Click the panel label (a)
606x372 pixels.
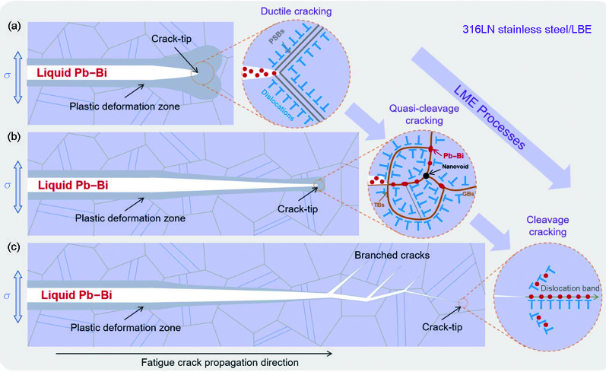[14, 27]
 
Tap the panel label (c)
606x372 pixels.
[14, 246]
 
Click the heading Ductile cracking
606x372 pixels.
[296, 11]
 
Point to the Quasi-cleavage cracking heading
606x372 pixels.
[424, 114]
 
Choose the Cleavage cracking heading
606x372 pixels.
[547, 226]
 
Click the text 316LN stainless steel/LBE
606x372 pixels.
[527, 30]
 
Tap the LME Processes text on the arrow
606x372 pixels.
[490, 116]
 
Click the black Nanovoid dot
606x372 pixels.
[426, 176]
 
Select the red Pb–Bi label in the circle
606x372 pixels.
[453, 156]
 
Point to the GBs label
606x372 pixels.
[468, 194]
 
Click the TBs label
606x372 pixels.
[379, 205]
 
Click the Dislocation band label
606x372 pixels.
[570, 288]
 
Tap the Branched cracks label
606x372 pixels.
[392, 255]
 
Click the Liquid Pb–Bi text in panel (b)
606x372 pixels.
[73, 185]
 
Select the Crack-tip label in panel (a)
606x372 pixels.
[171, 39]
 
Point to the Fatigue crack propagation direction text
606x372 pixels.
[220, 363]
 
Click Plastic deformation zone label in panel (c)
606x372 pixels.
[125, 328]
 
